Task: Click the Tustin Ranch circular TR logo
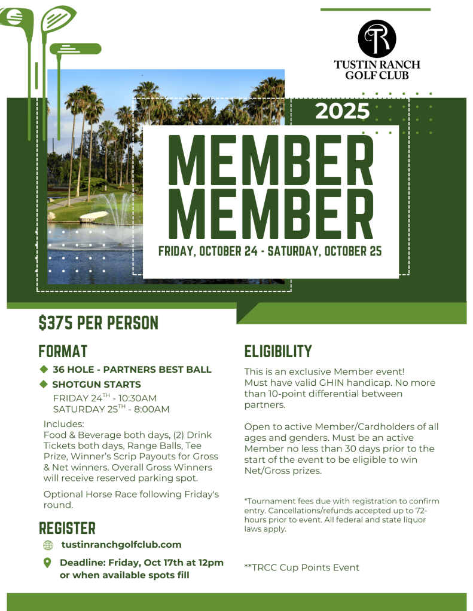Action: (x=377, y=38)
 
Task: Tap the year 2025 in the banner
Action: (x=342, y=111)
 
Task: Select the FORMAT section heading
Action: (x=63, y=351)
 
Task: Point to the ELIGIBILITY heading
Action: (x=278, y=351)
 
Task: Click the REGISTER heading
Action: (x=67, y=528)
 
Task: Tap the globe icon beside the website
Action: (x=48, y=545)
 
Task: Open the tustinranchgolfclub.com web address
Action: (x=121, y=545)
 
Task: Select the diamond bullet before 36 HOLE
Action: (x=44, y=369)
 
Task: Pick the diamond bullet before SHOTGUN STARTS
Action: (x=44, y=384)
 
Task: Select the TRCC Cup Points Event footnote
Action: (x=302, y=567)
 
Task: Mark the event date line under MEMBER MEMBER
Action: (x=270, y=251)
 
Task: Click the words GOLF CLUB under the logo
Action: (x=377, y=75)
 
